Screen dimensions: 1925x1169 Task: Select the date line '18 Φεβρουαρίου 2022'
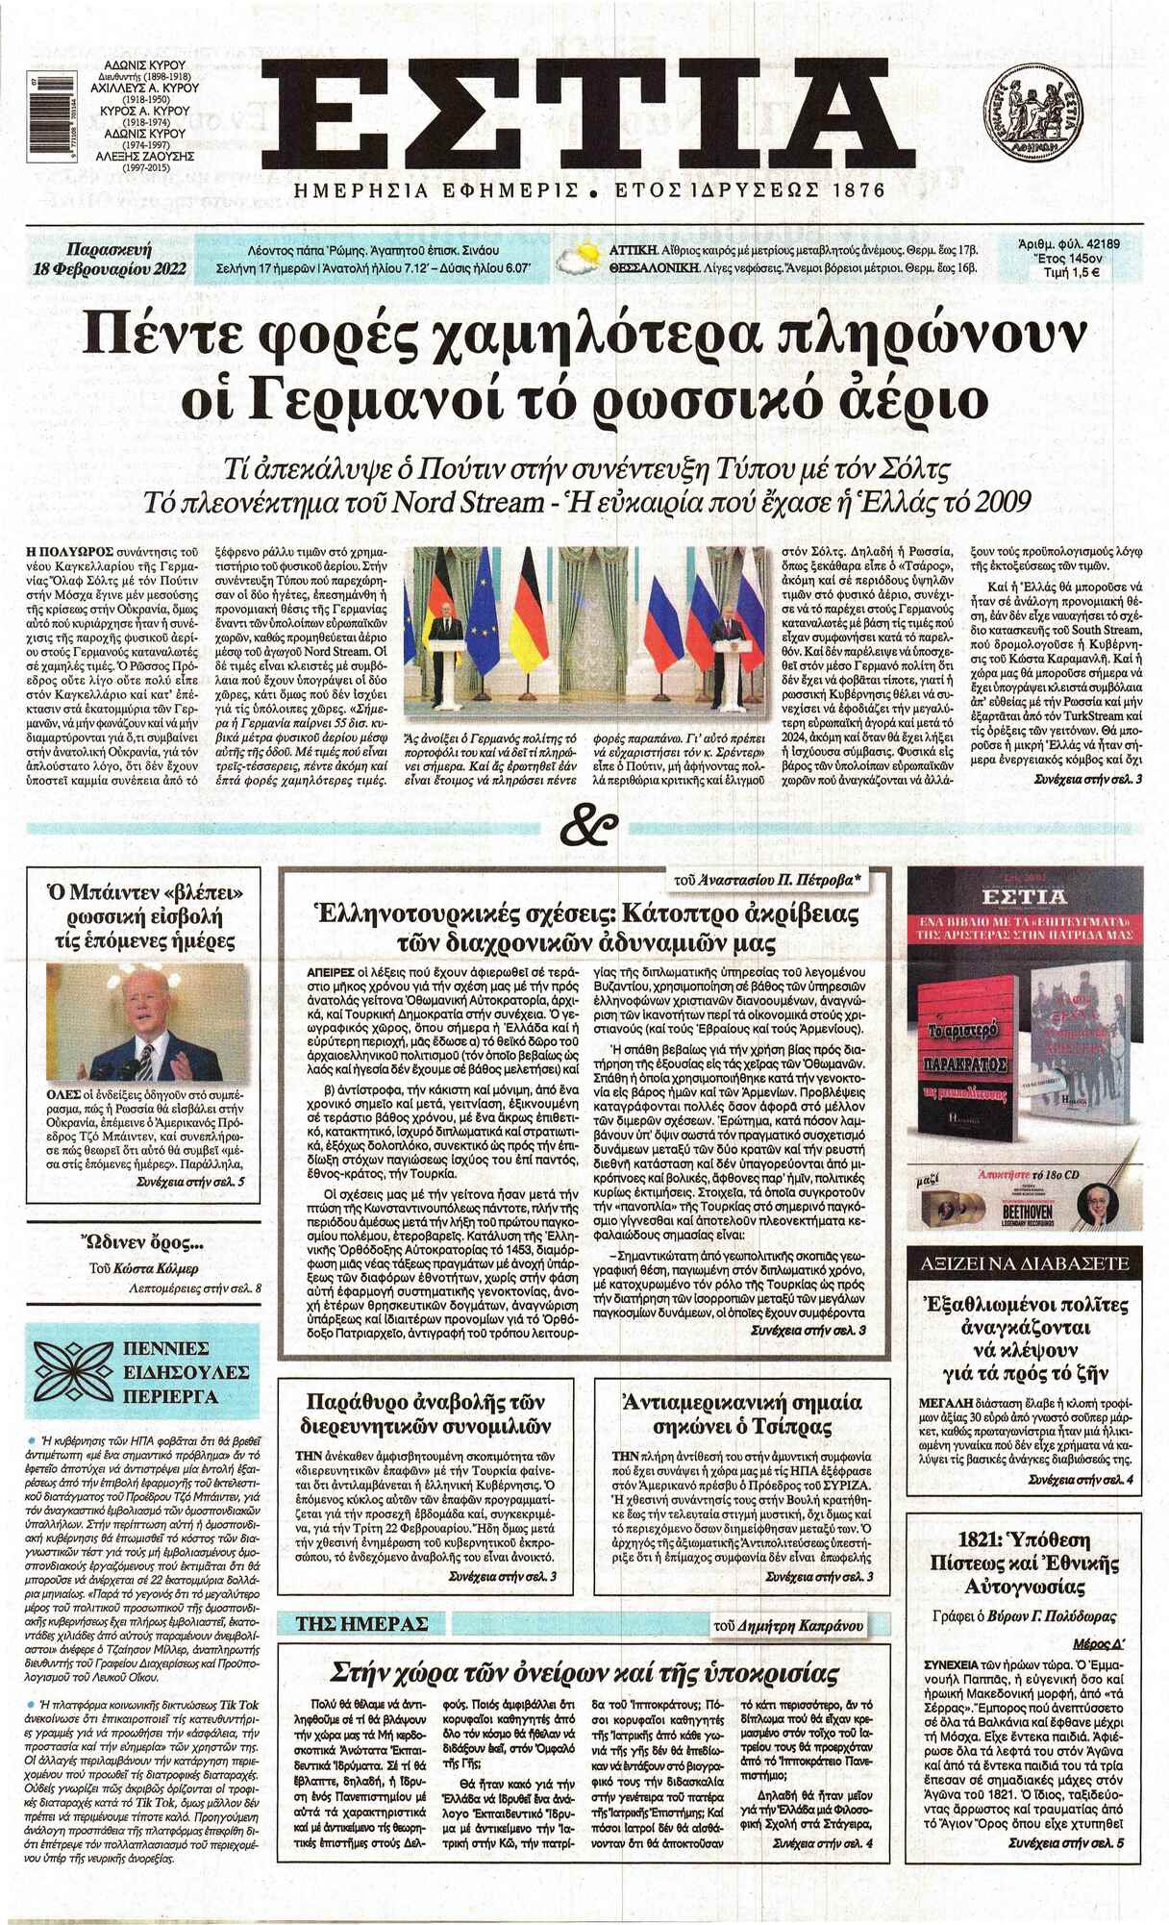click(x=108, y=269)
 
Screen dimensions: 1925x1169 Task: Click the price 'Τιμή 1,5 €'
click(x=1071, y=273)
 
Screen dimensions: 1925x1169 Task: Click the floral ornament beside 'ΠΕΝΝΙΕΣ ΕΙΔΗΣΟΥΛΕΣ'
click(x=75, y=1370)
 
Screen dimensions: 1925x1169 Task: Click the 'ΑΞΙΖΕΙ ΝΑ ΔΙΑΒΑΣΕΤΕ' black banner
click(x=1025, y=1262)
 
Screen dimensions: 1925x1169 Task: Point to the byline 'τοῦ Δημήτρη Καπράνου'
click(x=787, y=1625)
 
